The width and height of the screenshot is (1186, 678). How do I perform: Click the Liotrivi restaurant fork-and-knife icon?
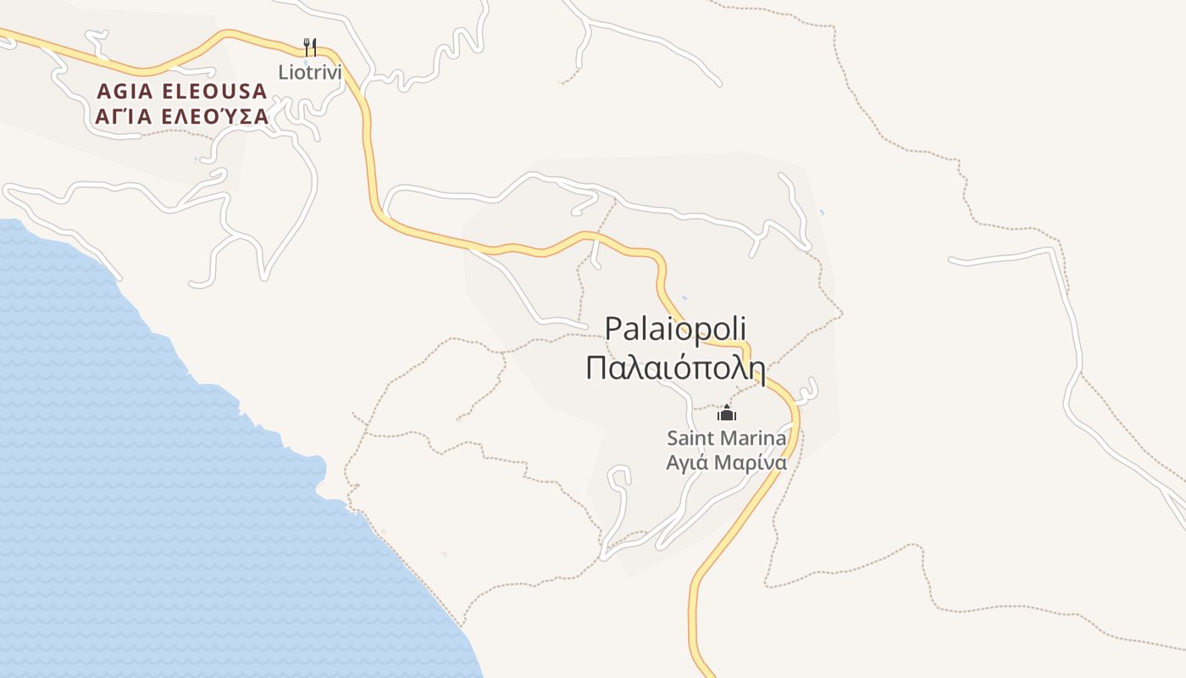310,47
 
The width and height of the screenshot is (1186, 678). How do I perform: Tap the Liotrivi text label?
310,72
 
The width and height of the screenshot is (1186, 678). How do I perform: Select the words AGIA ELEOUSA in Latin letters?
182,91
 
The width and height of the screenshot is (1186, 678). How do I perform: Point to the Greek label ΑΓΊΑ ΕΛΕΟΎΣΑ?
182,117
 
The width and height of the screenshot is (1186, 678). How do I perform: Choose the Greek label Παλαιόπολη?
675,369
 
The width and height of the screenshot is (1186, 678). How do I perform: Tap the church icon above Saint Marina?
727,414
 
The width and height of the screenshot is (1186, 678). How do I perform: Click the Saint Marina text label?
727,438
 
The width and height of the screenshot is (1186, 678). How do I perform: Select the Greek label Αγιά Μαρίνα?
727,463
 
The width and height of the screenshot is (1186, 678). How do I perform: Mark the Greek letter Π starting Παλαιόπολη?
596,369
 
